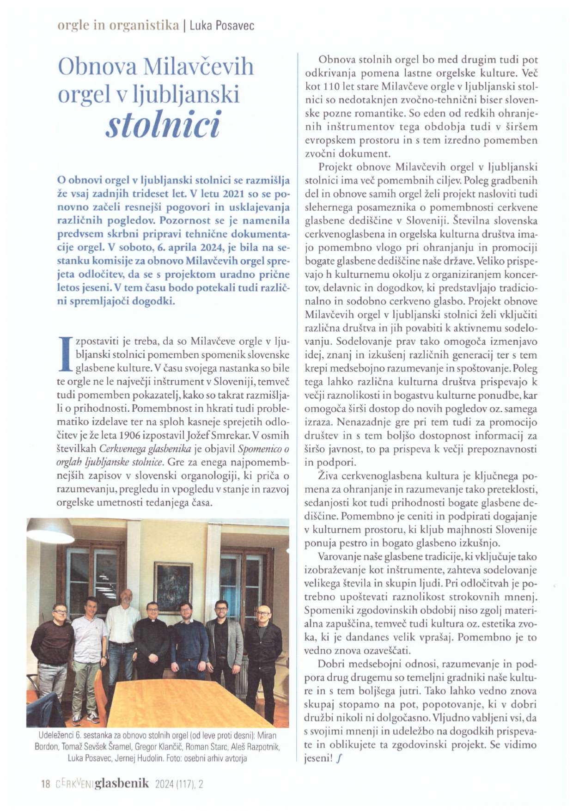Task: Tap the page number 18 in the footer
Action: (x=45, y=784)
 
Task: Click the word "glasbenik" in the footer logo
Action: (x=122, y=783)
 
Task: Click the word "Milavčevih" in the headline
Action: (x=199, y=67)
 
